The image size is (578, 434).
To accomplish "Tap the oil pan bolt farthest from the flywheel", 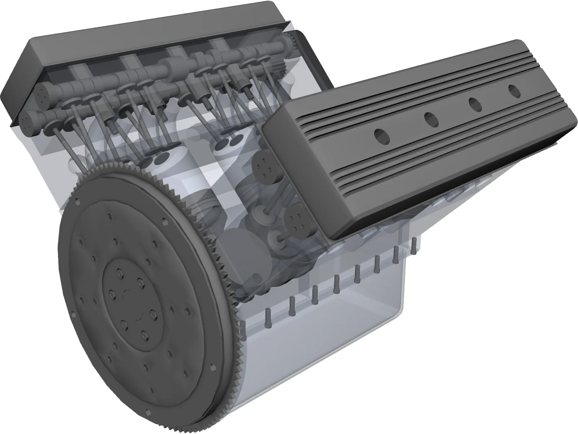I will pyautogui.click(x=414, y=245).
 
